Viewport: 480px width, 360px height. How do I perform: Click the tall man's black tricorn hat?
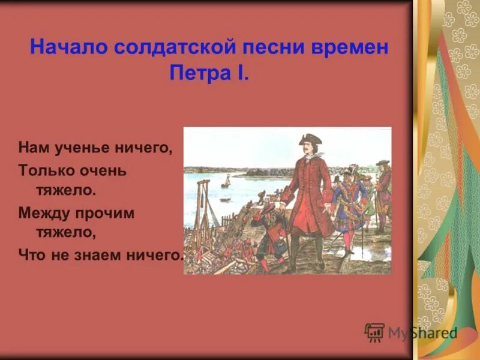click(x=310, y=139)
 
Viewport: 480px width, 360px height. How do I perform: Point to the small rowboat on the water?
click(x=224, y=199)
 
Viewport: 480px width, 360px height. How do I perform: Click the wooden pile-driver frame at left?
click(x=204, y=210)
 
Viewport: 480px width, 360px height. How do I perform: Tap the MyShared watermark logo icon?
click(x=374, y=332)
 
